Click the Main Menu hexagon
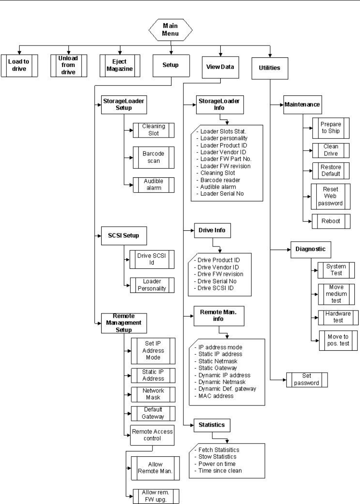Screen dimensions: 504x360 pos(170,31)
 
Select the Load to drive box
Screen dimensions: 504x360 pos(18,65)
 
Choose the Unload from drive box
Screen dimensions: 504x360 pos(67,65)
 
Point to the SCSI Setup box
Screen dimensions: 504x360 pos(124,235)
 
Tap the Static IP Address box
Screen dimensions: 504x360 pos(153,375)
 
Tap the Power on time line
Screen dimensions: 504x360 pos(217,464)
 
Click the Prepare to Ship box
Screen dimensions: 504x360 pos(331,127)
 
